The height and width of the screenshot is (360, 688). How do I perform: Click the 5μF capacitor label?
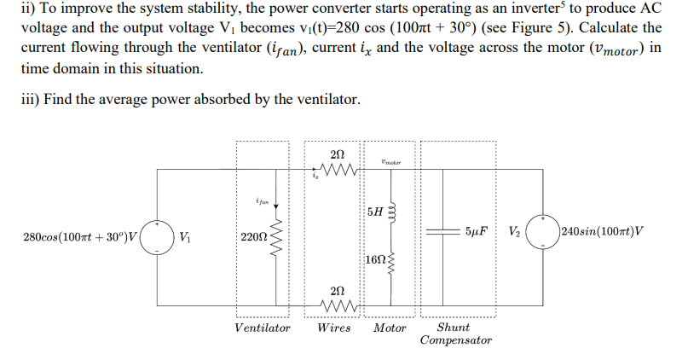coord(478,231)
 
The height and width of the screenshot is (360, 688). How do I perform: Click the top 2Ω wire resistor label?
coord(336,154)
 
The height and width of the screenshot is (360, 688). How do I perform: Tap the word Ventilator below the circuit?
coord(262,328)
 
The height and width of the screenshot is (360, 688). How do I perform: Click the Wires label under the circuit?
coord(334,328)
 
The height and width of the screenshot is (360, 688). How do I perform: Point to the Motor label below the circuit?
coord(390,328)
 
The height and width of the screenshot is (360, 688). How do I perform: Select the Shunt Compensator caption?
coord(455,334)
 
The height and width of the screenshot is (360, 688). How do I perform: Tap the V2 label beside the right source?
coord(514,231)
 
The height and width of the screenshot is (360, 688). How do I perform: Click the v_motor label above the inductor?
coord(390,160)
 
